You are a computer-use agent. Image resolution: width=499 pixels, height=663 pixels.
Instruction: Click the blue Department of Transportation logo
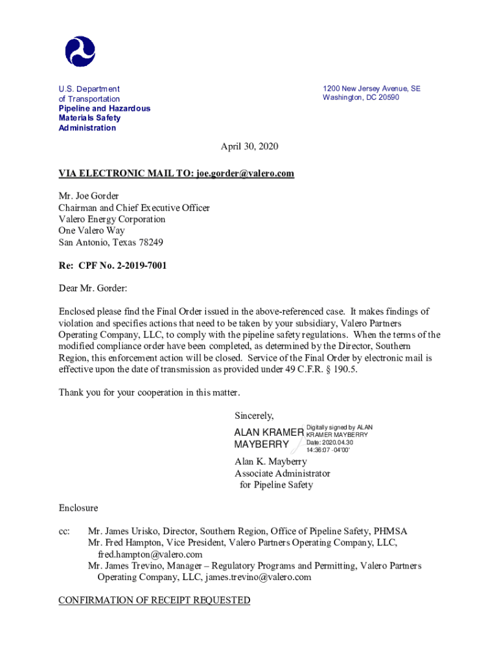(x=80, y=51)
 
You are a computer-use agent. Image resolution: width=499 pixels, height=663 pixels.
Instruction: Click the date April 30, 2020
(x=250, y=146)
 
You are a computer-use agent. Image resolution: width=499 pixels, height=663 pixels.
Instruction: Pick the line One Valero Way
(x=91, y=230)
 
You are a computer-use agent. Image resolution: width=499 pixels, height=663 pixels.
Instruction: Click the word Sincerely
(x=254, y=416)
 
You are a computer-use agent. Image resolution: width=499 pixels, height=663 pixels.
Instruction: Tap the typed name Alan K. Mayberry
(x=270, y=462)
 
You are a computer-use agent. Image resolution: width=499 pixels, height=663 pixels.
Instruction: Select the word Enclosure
(x=78, y=508)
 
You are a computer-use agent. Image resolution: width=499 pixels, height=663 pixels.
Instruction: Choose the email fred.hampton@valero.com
(x=150, y=555)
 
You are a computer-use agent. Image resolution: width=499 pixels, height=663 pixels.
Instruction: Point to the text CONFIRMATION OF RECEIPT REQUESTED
(x=154, y=600)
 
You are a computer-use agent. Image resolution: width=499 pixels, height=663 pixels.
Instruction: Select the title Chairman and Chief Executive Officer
(x=134, y=208)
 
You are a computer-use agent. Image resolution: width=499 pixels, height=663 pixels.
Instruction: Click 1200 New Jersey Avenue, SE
(x=371, y=89)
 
